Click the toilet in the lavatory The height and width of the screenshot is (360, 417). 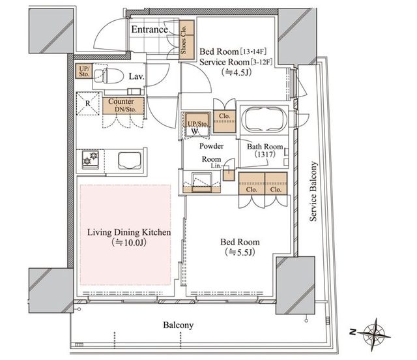point(109,76)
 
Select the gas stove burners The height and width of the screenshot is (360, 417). point(90,158)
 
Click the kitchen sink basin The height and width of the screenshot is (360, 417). point(130,160)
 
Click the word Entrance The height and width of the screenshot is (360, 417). point(149,29)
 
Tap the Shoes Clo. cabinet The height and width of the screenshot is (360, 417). point(187,40)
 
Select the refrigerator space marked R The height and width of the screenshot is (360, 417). point(88,103)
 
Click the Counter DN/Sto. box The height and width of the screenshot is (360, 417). point(123,106)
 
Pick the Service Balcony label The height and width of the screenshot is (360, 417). point(314,191)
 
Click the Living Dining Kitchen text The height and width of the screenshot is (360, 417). point(129,232)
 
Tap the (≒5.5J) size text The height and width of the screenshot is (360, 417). point(240,252)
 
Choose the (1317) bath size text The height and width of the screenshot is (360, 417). point(265,154)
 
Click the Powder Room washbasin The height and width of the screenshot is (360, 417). point(202,182)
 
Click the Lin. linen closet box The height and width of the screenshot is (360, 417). point(229,175)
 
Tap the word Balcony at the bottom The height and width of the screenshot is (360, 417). point(178,325)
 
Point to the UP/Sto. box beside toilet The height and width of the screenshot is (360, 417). point(83,71)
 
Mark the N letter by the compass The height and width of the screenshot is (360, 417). point(352,332)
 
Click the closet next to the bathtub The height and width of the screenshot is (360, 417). point(224,121)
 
